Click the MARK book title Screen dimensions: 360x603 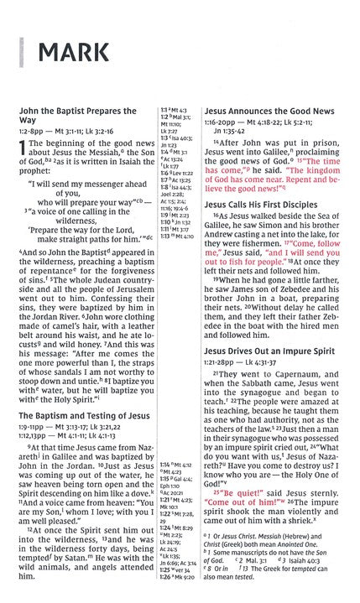(62, 57)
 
